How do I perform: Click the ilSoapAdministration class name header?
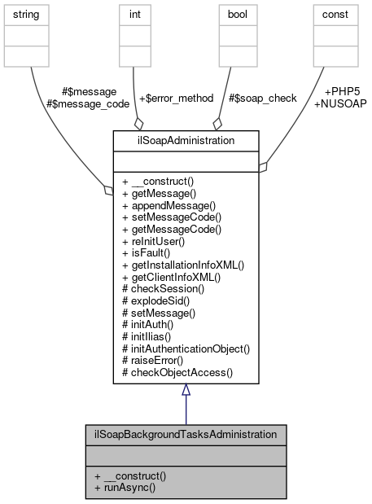[x=186, y=140]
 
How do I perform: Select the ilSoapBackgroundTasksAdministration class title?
[x=186, y=435]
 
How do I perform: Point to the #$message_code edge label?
[x=81, y=103]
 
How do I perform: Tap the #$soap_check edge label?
[x=263, y=98]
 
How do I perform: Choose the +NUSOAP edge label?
[x=339, y=103]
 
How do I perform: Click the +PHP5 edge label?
[x=343, y=92]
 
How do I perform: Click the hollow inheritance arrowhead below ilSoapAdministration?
[x=186, y=390]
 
